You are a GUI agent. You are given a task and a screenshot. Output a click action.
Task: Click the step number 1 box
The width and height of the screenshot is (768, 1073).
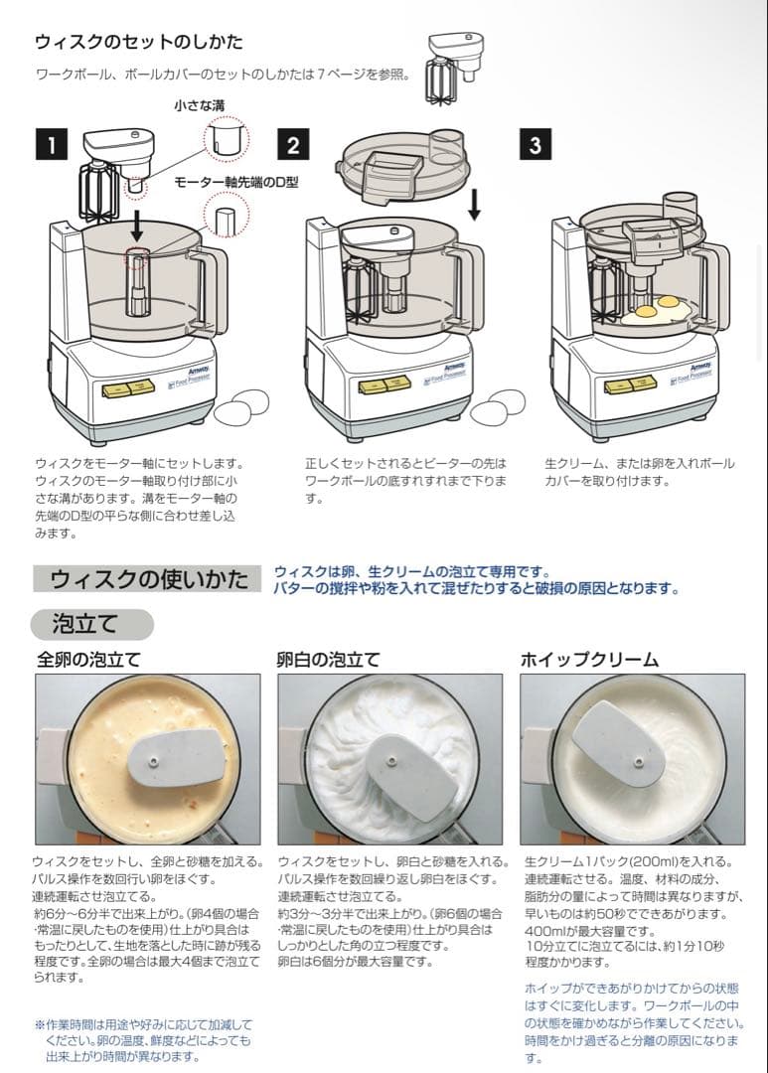tap(51, 145)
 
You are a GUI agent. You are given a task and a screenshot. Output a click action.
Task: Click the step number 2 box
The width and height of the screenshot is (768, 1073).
tap(292, 145)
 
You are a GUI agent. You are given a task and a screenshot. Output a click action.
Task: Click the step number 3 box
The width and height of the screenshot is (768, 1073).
tap(535, 145)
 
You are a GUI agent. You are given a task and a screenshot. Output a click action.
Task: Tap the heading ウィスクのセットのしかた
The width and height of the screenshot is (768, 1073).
tap(139, 42)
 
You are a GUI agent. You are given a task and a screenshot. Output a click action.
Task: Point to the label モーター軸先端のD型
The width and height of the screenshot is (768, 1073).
tap(236, 183)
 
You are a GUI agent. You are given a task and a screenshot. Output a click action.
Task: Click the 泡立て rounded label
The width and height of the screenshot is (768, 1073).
tap(91, 624)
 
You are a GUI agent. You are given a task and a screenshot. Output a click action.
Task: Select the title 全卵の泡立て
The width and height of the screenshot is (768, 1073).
tap(89, 660)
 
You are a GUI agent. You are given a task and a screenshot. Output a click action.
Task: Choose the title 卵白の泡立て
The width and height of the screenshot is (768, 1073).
tap(328, 660)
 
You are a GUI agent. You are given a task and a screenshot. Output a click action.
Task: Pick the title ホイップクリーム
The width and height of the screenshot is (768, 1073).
tap(589, 660)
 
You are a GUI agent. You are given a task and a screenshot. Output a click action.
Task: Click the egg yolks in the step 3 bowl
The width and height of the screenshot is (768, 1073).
tap(657, 306)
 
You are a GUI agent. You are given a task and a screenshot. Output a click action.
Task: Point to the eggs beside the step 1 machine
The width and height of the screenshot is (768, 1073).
tap(242, 403)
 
